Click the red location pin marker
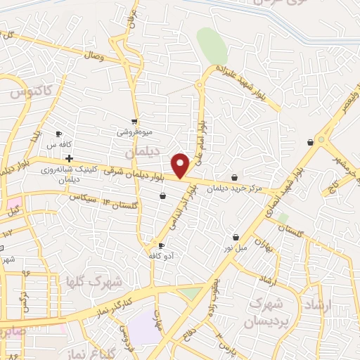[181, 165]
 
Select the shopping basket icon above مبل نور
[235, 238]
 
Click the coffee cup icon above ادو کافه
[161, 245]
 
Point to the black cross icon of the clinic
[68, 157]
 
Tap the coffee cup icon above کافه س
[59, 134]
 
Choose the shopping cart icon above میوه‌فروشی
[134, 121]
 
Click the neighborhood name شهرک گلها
[94, 281]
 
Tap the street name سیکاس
[83, 198]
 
